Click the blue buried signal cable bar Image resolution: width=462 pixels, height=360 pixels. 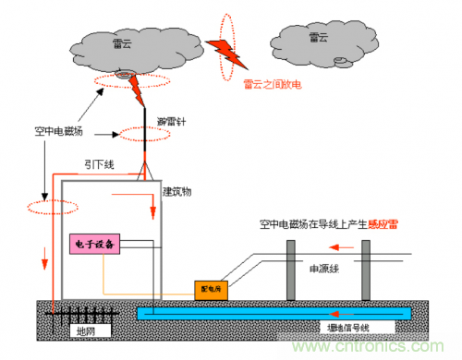[277, 313]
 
